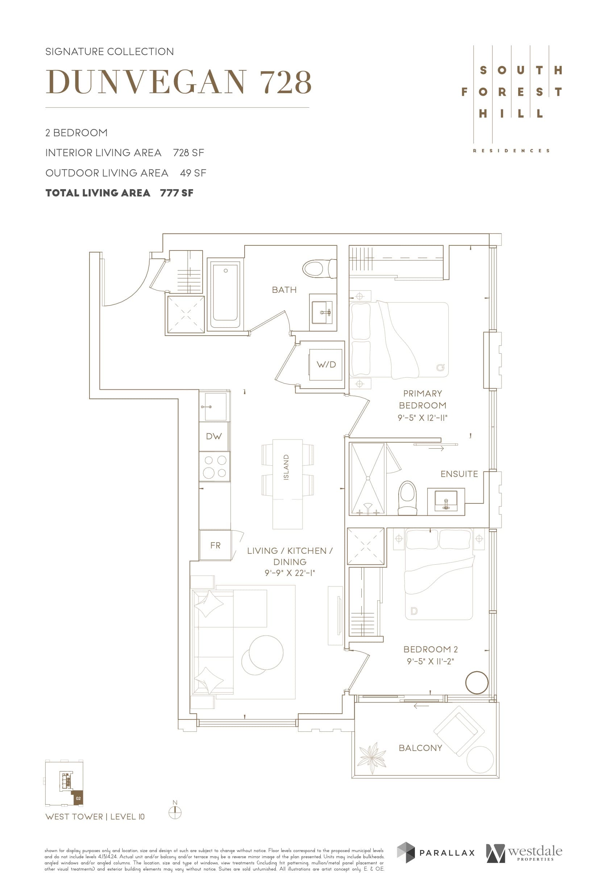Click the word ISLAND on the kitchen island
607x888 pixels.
[286, 467]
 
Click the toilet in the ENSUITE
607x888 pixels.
[407, 498]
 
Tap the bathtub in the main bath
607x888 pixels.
[225, 295]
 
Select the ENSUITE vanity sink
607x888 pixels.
[446, 501]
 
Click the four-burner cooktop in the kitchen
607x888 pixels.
[214, 466]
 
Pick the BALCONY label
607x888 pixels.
[420, 748]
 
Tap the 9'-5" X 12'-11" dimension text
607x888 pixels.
[422, 418]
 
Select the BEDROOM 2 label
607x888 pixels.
[430, 649]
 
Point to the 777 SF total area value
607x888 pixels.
[176, 193]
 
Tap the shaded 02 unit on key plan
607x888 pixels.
[78, 798]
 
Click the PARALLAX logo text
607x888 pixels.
[446, 853]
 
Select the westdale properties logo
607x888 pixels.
[524, 853]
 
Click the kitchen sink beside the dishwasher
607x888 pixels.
[214, 407]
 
